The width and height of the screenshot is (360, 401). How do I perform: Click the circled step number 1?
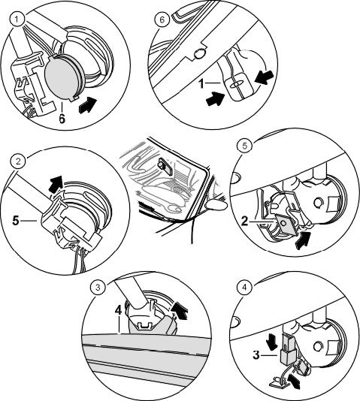[17, 20]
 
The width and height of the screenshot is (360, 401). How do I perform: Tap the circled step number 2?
[18, 161]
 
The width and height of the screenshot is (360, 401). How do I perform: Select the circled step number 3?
[98, 287]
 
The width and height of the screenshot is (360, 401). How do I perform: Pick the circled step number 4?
[244, 287]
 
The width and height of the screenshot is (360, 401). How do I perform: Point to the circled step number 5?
[245, 146]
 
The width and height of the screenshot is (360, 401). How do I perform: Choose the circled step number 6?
[162, 20]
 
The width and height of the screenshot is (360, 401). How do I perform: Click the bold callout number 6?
[62, 119]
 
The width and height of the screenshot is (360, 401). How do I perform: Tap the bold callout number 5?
[16, 221]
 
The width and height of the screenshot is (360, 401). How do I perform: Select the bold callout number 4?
[118, 311]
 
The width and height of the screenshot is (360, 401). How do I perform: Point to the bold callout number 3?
[256, 355]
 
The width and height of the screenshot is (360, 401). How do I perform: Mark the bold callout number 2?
[245, 222]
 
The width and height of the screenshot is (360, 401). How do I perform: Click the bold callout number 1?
[201, 83]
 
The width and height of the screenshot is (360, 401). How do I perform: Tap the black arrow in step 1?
[88, 105]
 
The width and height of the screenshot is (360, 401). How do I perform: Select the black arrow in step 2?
[56, 182]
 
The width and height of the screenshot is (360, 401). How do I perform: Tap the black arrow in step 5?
[303, 240]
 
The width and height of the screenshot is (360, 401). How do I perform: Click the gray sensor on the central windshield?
[165, 166]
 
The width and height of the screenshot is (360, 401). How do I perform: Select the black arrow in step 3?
[180, 310]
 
